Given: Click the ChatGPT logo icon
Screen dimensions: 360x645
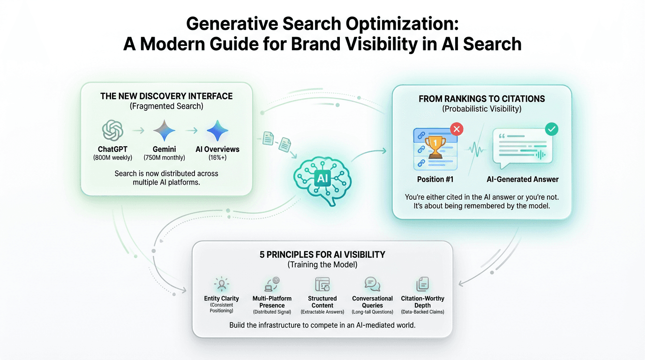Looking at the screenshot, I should point(112,130).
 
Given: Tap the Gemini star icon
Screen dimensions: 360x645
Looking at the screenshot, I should point(164,130).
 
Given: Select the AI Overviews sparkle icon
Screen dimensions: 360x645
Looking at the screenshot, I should point(217,130).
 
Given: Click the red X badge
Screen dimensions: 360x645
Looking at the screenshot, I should point(456,129).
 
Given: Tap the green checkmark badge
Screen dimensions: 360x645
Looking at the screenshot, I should point(552,129).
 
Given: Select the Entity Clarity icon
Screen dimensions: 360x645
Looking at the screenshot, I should point(221,284).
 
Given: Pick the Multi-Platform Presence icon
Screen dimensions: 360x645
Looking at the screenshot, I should point(272,284).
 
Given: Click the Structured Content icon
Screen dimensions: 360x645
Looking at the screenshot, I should point(322,284).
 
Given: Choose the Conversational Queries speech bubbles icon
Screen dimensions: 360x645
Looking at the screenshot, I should point(372,284).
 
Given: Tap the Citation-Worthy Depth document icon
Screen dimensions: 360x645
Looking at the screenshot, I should point(422,284).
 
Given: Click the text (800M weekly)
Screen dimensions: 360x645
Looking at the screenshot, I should point(112,157).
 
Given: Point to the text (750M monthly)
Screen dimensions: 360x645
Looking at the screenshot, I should point(164,157).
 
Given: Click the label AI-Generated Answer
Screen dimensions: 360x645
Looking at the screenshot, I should point(523,179).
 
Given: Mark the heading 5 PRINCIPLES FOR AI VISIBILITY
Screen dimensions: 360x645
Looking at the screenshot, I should point(322,255).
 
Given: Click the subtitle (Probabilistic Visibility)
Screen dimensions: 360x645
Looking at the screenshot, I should point(482,109).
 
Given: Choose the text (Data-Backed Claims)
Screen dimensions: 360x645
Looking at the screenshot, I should point(422,312).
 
